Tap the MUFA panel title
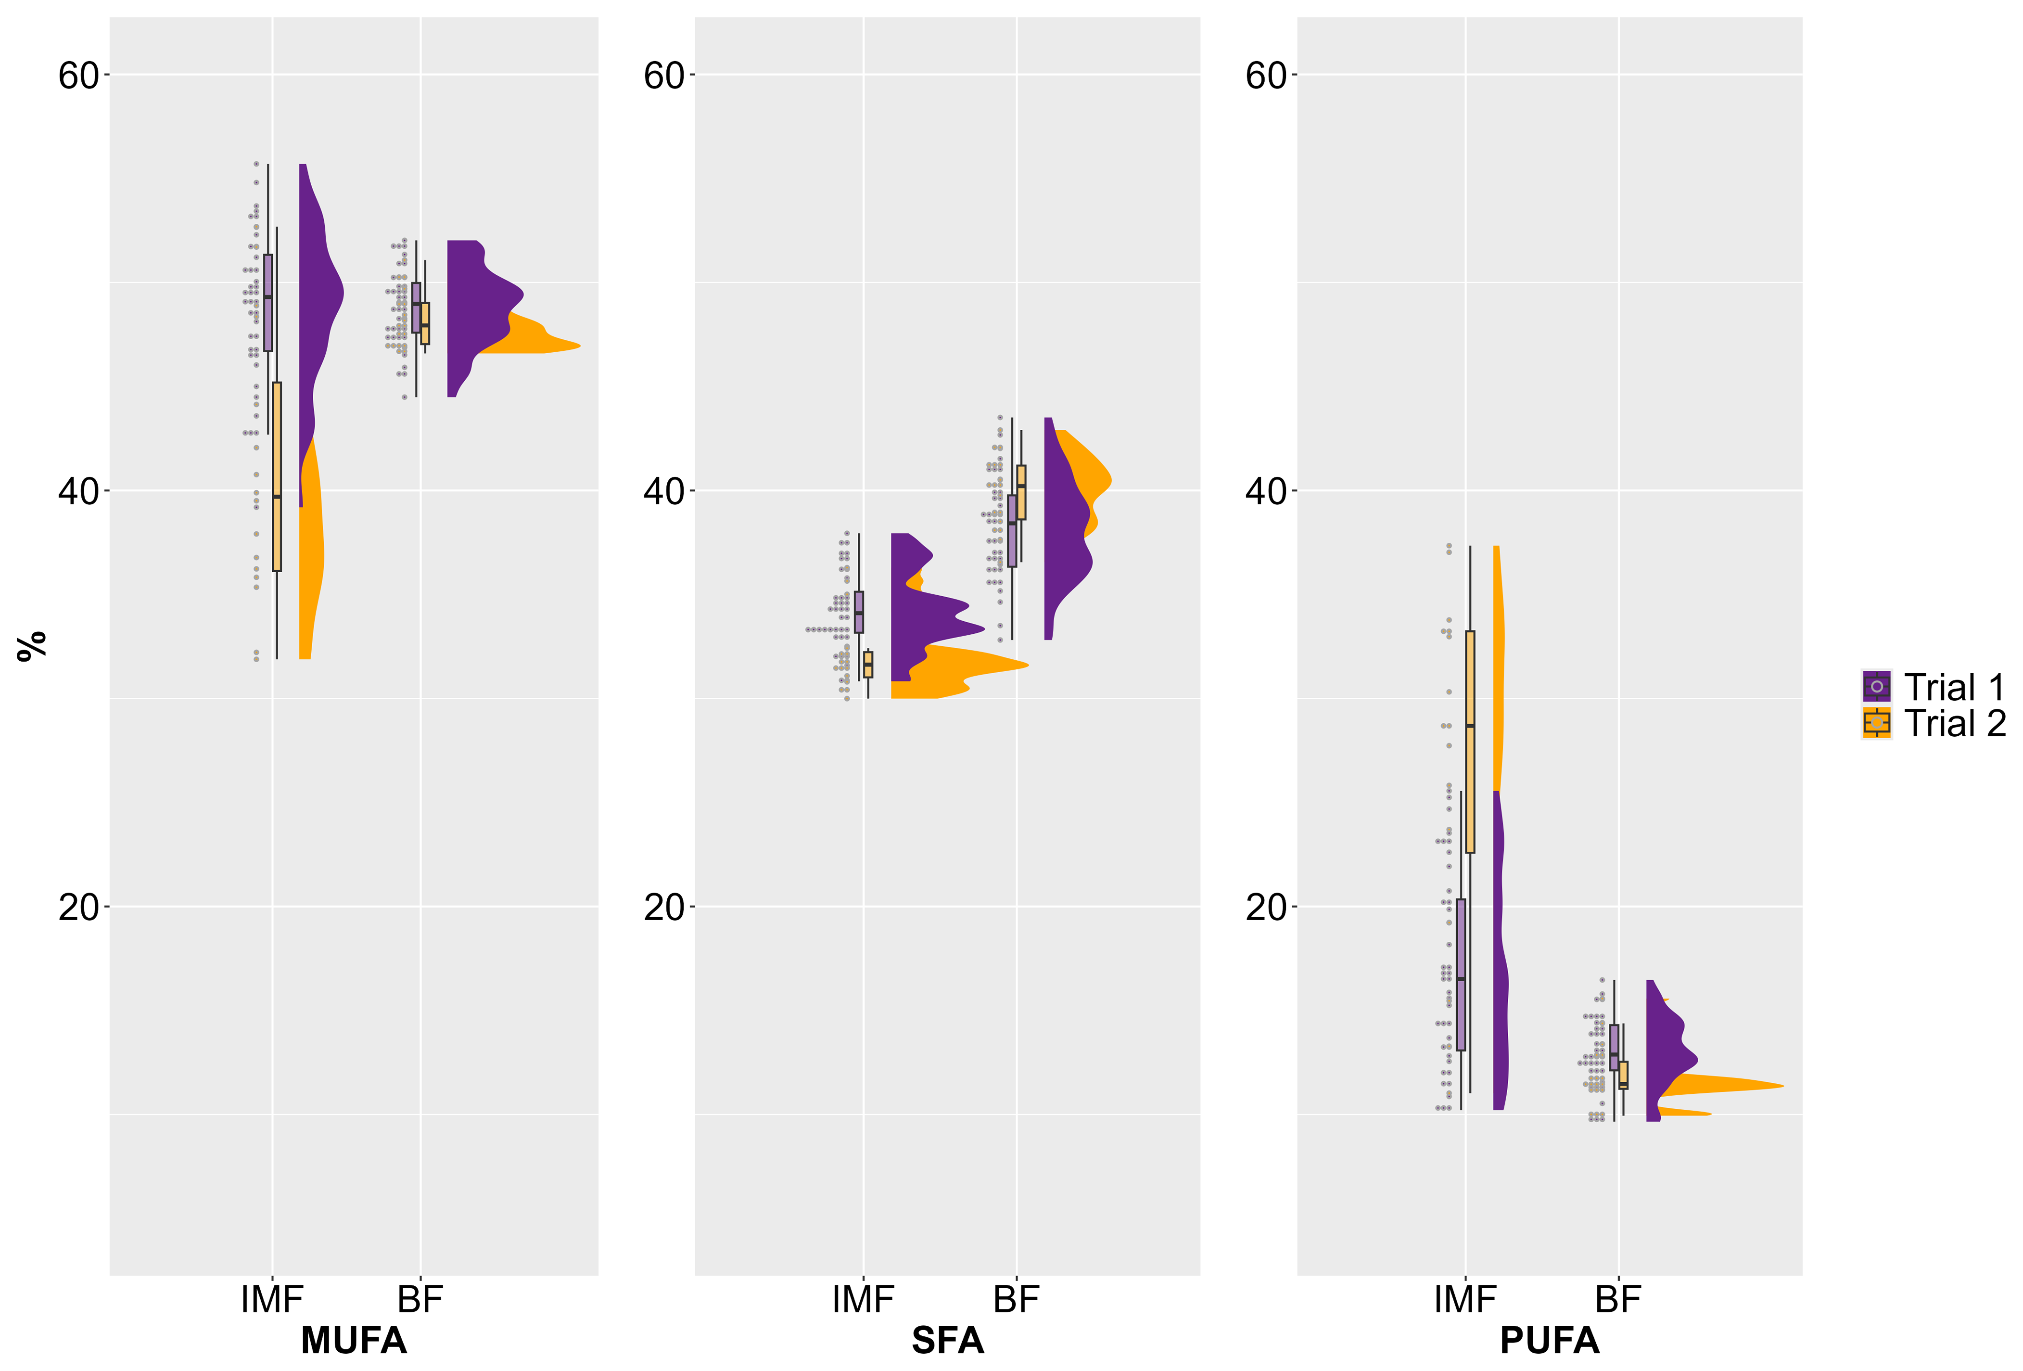tap(354, 1341)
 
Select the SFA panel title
tap(947, 1341)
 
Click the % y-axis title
tap(32, 646)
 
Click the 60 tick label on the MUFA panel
tap(78, 76)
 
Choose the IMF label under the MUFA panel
tap(272, 1300)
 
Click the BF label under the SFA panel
tap(1016, 1300)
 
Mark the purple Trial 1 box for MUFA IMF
tap(268, 303)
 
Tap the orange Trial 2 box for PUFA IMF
tap(1470, 742)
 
